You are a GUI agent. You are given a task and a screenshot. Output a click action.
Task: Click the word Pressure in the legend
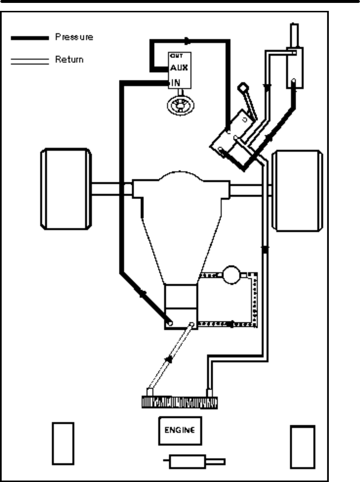74,37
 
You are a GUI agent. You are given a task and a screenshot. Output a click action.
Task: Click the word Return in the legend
69,59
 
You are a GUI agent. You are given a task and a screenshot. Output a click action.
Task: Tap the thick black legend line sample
30,38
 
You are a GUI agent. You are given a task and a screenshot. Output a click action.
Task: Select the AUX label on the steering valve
179,68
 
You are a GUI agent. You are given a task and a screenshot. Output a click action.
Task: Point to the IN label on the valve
175,83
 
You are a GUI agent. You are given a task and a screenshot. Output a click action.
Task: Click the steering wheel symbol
180,105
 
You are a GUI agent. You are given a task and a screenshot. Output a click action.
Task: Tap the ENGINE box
180,430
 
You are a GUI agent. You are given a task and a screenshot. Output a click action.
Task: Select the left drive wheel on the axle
66,189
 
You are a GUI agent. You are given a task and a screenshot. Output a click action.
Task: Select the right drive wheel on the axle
297,191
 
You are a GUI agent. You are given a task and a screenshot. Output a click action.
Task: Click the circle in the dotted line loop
231,275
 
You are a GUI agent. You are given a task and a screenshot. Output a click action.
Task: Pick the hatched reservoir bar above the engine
179,403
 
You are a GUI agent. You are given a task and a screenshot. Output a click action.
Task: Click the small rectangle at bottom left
63,443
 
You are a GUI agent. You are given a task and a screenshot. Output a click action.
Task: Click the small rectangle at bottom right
302,447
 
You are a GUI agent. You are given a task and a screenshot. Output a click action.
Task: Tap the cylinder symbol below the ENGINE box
187,462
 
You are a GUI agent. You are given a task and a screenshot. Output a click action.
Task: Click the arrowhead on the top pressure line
187,41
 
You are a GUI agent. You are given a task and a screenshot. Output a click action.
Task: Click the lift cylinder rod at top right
294,35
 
